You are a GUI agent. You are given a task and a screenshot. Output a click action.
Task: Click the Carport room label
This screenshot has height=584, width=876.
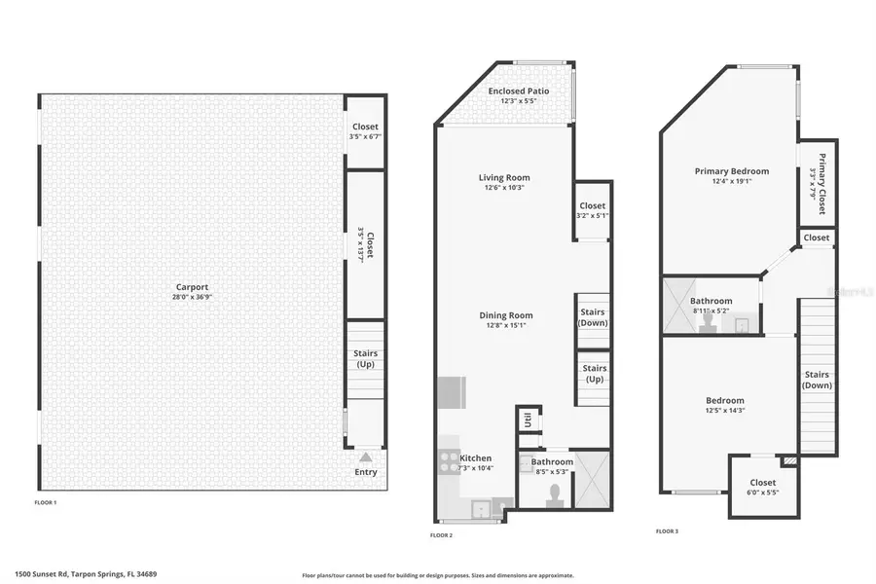click(x=192, y=287)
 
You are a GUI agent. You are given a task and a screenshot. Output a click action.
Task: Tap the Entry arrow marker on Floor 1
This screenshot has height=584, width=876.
click(x=365, y=456)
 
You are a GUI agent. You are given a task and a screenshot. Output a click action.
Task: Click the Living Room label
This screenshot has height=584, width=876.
click(x=504, y=177)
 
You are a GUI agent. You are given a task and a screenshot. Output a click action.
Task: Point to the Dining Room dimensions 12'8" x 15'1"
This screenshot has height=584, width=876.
click(x=505, y=326)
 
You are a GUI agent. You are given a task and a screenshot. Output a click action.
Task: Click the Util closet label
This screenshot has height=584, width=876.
click(x=527, y=420)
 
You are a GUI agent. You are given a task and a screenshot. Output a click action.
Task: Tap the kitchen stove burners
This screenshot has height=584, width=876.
click(x=449, y=460)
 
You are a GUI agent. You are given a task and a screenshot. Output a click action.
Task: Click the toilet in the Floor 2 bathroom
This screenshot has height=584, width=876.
click(x=555, y=494)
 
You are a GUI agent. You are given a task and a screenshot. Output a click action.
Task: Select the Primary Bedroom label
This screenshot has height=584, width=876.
click(x=731, y=171)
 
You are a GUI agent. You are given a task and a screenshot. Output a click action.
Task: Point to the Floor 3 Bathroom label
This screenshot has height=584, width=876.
click(x=712, y=301)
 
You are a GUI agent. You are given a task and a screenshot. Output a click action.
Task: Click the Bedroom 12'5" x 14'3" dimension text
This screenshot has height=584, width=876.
click(x=724, y=411)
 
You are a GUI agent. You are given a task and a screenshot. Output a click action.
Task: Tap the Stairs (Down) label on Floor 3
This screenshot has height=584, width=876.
click(x=818, y=381)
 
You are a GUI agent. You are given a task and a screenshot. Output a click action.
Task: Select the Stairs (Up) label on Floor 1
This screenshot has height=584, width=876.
click(x=366, y=359)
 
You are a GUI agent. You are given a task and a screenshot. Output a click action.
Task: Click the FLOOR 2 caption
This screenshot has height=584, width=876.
click(x=441, y=535)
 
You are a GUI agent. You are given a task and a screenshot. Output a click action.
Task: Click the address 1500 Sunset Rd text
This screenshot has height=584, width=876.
click(x=85, y=574)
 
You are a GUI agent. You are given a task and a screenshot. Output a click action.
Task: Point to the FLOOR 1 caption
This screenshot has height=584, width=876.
click(x=45, y=502)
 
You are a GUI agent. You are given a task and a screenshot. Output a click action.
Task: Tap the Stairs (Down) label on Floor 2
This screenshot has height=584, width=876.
click(x=593, y=317)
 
